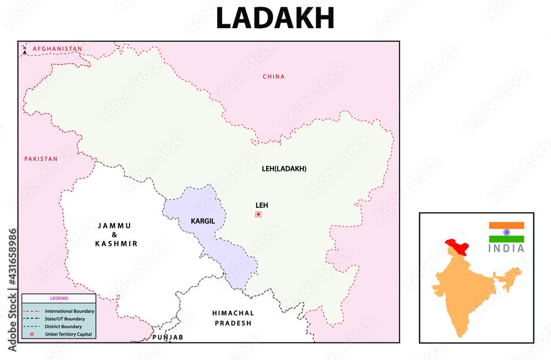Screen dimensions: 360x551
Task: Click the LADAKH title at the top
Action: click(275, 18)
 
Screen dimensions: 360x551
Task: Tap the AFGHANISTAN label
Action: click(57, 49)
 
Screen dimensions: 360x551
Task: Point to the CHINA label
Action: click(274, 77)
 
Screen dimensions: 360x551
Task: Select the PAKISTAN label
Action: click(41, 159)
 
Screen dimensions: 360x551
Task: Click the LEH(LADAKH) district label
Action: click(284, 169)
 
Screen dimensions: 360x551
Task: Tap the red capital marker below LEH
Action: click(258, 214)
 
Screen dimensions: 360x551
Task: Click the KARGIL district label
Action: click(202, 221)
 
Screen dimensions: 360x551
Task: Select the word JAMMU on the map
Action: click(115, 225)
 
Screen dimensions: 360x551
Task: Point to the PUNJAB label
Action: click(168, 337)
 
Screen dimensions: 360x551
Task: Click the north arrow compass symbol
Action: click(25, 50)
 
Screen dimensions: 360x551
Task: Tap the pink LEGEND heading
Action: click(58, 298)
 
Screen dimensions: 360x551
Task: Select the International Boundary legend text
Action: click(69, 311)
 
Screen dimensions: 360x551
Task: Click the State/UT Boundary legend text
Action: click(65, 319)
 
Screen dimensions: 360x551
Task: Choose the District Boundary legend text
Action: click(63, 326)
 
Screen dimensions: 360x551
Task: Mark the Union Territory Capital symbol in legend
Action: click(32, 334)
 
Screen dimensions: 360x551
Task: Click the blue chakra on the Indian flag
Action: click(506, 232)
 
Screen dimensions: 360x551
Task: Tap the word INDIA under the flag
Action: click(506, 248)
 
